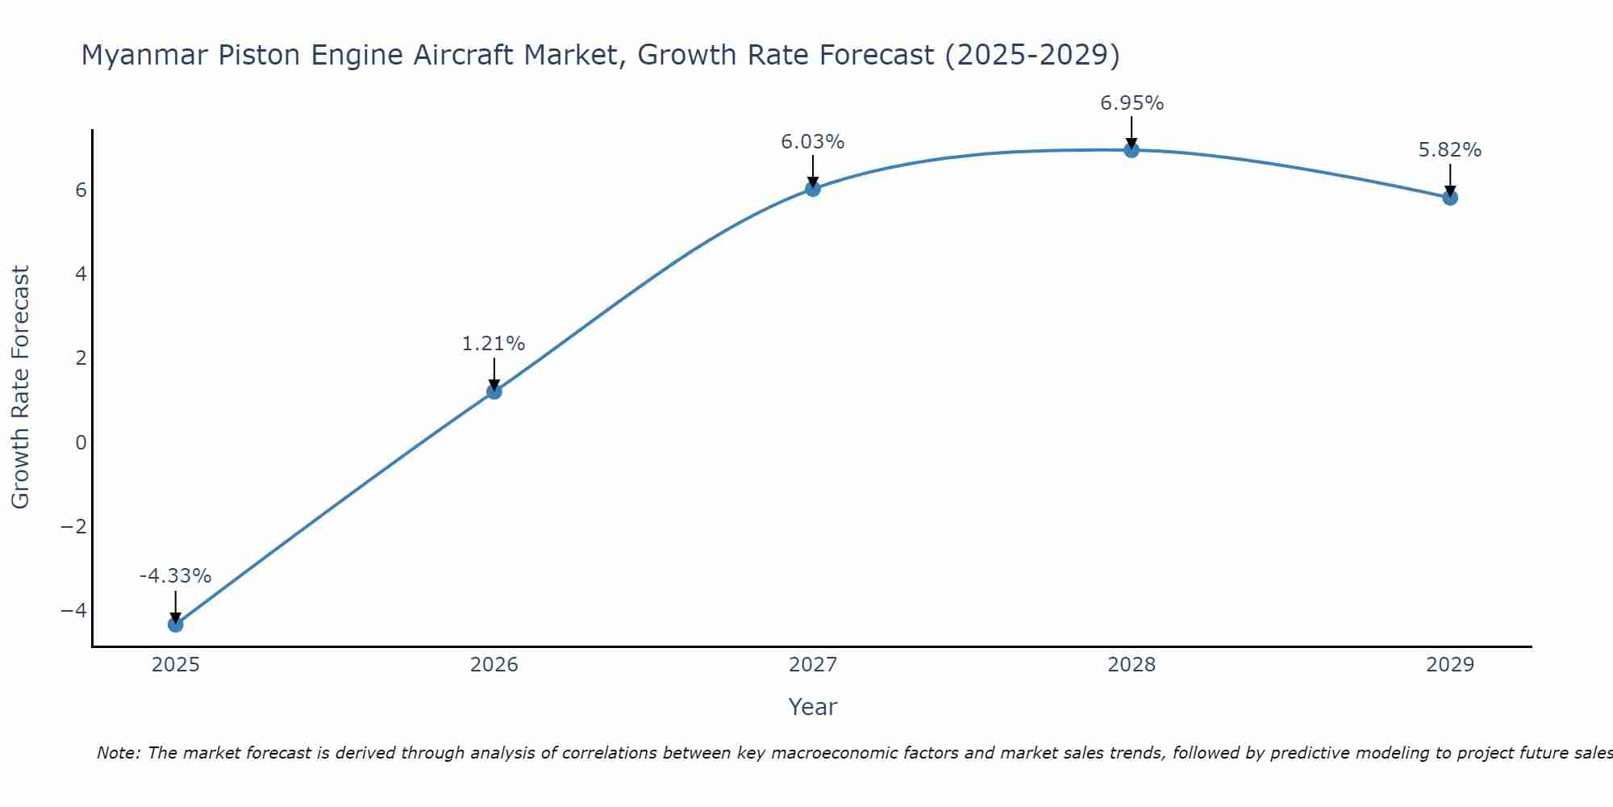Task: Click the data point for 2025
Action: coord(176,624)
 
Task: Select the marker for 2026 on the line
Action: coord(494,391)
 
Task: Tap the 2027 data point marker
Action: coord(813,189)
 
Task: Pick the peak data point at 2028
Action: coord(1132,149)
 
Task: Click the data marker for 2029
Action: coord(1450,198)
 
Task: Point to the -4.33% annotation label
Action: coord(175,576)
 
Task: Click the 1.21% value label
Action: coord(494,344)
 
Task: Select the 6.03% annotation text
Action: coord(812,142)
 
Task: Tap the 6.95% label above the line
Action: coord(1132,103)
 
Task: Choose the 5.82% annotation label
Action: coord(1450,150)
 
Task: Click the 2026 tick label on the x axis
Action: coord(494,665)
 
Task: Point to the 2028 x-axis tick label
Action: coord(1132,665)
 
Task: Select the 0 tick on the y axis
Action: coord(81,442)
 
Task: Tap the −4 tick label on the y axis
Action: coord(74,610)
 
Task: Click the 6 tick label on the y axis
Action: coord(81,190)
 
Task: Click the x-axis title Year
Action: coord(813,707)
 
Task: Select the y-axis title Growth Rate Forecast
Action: coord(21,387)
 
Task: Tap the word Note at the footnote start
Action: coord(118,753)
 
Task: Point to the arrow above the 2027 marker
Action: coord(813,170)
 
